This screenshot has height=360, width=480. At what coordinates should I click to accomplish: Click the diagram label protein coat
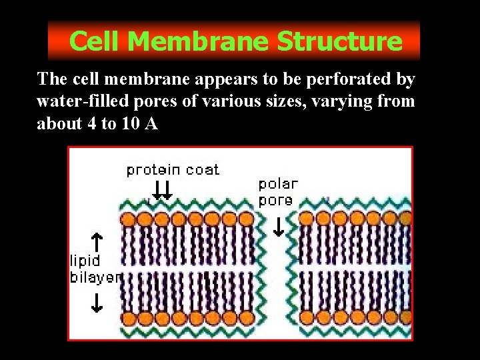click(173, 169)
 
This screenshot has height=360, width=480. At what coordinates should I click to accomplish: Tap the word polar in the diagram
click(278, 183)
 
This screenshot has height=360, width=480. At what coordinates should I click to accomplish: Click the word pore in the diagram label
click(275, 199)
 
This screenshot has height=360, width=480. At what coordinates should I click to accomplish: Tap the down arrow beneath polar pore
click(279, 226)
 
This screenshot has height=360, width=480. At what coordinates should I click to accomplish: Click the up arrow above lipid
click(96, 240)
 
